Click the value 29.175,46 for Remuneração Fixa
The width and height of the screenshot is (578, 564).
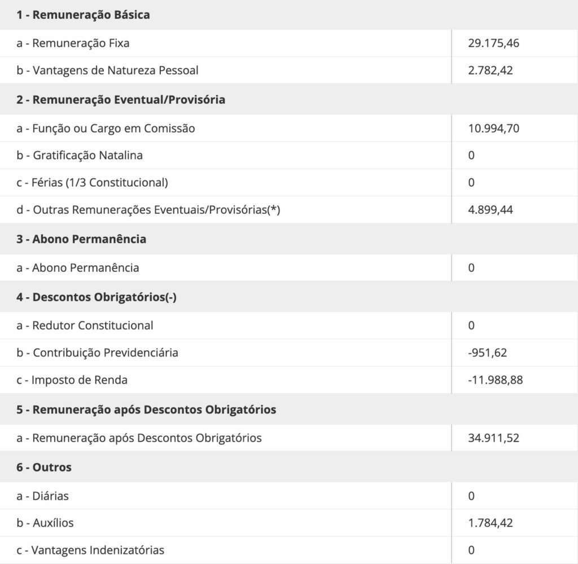[493, 43]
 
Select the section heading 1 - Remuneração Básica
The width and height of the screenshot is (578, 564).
[83, 15]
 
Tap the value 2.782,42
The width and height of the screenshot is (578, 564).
[490, 71]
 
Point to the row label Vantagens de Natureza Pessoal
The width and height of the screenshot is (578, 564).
[107, 71]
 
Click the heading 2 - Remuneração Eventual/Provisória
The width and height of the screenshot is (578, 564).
[121, 100]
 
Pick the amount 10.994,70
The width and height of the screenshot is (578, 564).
[493, 129]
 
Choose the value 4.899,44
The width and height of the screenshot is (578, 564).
[490, 210]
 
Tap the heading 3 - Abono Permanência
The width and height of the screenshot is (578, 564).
[81, 239]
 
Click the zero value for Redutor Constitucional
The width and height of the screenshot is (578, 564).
[471, 325]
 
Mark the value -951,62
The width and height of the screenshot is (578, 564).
[487, 353]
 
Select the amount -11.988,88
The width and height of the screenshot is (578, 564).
[495, 380]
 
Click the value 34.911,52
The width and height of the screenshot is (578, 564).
[493, 438]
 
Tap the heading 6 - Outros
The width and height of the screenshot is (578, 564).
[44, 468]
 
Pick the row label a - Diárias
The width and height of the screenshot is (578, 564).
[43, 496]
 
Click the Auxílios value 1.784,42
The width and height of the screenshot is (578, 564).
[490, 523]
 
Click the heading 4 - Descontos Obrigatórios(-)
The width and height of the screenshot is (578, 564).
[97, 297]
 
